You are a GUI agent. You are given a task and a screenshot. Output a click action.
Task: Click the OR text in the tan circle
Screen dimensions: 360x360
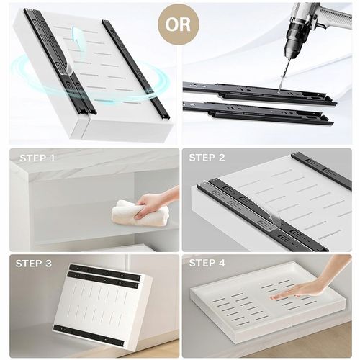tap(178, 24)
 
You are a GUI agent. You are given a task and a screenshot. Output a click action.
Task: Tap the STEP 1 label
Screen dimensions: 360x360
tap(37, 158)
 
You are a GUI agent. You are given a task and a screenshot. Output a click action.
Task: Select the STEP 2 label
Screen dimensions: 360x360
tap(207, 158)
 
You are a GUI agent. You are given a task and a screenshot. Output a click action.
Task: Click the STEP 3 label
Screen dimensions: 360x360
tap(34, 264)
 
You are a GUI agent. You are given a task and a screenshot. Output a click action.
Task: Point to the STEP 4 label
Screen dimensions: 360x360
tap(207, 263)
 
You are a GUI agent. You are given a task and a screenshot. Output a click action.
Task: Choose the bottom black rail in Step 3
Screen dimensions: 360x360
tap(89, 334)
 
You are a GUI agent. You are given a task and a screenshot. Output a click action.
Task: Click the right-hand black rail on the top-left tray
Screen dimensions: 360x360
tap(136, 70)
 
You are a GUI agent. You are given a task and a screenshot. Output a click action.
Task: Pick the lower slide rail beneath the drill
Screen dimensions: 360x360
tap(258, 114)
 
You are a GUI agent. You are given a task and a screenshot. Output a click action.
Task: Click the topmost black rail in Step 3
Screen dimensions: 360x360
tap(104, 272)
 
